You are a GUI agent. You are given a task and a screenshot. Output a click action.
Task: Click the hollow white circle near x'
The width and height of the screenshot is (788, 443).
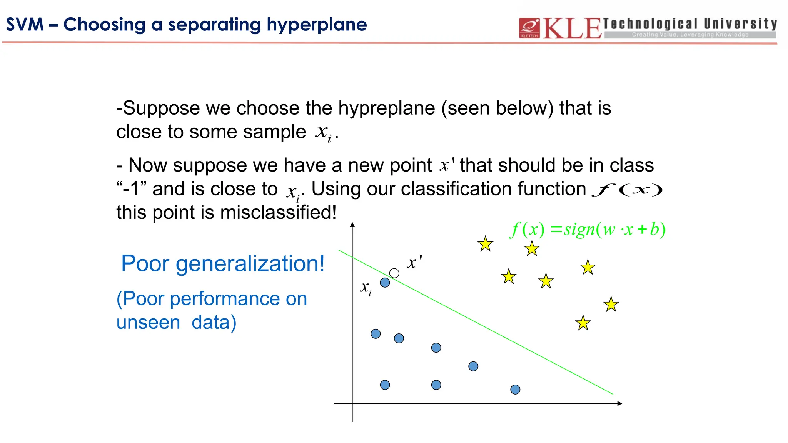[x=394, y=273]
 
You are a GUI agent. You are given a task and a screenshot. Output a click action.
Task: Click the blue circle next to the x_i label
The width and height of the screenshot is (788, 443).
[x=385, y=283]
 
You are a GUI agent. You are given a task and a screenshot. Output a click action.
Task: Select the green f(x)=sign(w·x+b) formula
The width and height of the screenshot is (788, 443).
[x=588, y=230]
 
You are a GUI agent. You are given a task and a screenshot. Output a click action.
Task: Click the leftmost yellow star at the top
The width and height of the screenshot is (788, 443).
[x=485, y=244]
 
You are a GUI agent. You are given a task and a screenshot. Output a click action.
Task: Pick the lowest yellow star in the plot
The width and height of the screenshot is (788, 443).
[x=583, y=323]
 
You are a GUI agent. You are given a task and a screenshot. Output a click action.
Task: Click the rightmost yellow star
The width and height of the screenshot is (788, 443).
[x=611, y=305]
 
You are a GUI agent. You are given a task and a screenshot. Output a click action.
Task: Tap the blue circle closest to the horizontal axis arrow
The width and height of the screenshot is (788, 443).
[x=515, y=390]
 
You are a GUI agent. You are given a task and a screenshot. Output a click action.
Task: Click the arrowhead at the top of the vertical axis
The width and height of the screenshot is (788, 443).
[x=352, y=225]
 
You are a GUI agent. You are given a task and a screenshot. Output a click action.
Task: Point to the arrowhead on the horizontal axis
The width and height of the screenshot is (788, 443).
[x=619, y=403]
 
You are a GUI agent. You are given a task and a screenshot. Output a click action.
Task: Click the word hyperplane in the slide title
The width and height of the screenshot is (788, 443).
[x=317, y=25]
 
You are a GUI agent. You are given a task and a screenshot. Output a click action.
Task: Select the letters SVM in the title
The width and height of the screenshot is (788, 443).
[x=25, y=25]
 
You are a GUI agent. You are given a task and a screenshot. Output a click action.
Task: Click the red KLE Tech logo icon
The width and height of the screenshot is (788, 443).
[x=529, y=28]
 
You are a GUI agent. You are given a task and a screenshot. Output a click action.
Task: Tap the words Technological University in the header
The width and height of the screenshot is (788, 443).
[x=690, y=24]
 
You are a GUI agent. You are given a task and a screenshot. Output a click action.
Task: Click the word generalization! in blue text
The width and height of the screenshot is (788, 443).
[x=250, y=264]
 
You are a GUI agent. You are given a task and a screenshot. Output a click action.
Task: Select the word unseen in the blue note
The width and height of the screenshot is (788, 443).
[x=148, y=322]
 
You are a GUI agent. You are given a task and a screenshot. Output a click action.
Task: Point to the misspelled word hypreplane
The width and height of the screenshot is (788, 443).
[x=386, y=108]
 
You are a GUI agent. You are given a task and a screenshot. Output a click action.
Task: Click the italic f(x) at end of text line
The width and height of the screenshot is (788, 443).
[x=627, y=190]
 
